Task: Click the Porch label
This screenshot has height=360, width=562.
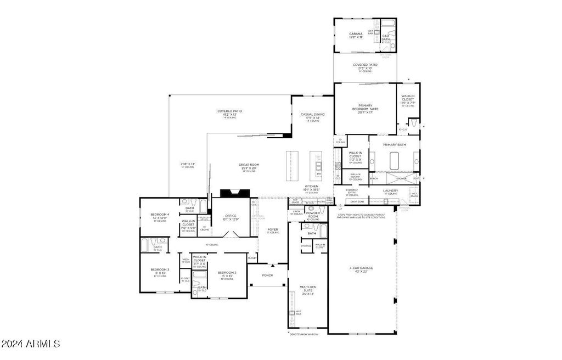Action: (267, 275)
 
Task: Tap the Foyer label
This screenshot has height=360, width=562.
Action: (273, 230)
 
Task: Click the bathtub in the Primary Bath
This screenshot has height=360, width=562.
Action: (394, 161)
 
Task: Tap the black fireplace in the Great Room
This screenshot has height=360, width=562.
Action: (235, 193)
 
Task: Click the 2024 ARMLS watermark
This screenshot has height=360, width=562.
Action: (31, 344)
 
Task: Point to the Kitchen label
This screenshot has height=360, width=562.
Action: (312, 188)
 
